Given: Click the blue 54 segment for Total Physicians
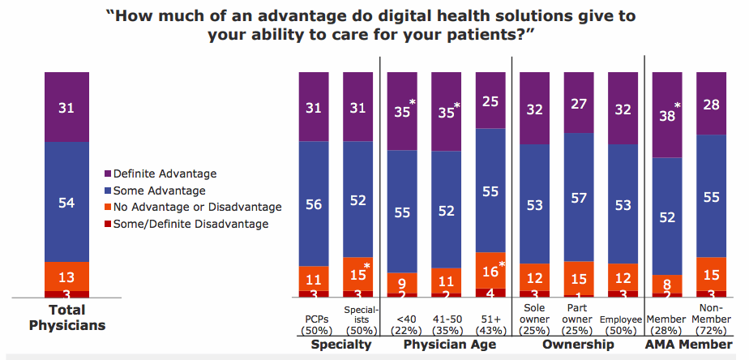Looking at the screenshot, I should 67,201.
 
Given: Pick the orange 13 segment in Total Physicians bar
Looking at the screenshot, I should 67,276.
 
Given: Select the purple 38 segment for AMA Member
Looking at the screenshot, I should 667,114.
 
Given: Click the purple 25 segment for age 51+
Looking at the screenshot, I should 490,100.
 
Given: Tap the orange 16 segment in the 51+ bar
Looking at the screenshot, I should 490,270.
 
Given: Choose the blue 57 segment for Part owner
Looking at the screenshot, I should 579,197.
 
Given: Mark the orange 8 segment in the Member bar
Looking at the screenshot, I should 667,284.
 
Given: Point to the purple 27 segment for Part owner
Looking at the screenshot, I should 579,102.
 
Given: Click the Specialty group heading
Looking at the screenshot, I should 340,345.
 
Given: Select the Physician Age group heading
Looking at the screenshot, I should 446,345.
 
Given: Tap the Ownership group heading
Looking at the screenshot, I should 578,345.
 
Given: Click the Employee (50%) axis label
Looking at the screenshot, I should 622,325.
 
